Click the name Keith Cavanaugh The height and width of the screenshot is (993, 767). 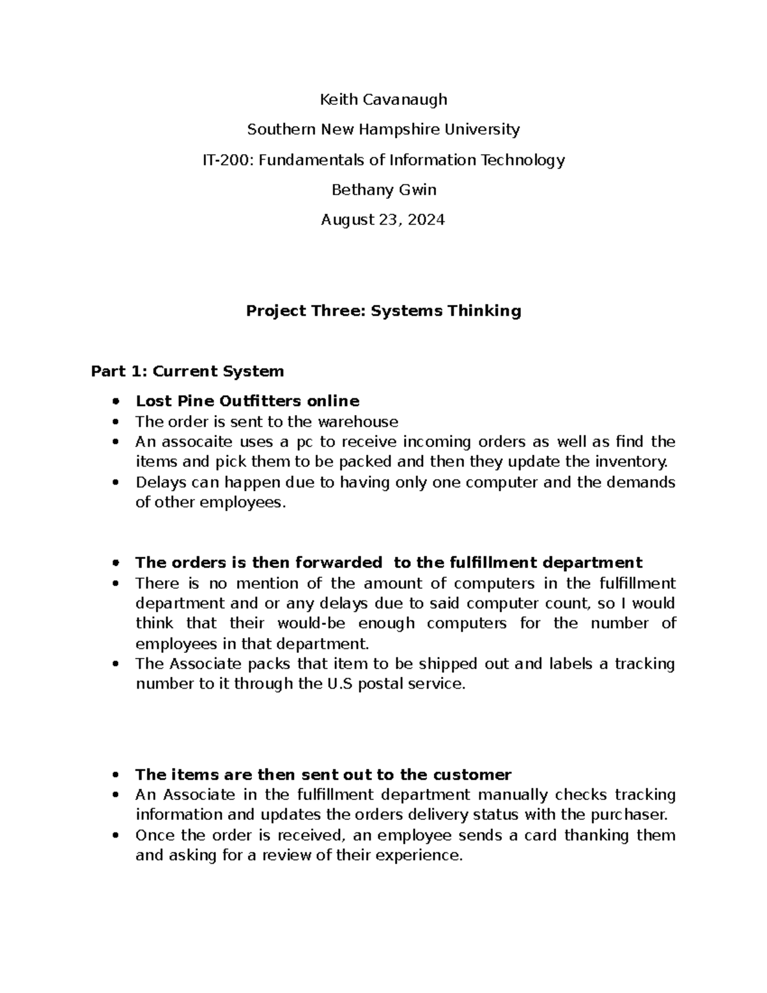click(383, 100)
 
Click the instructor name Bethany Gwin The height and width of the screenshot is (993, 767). click(383, 190)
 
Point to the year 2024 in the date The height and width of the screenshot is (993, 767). click(425, 220)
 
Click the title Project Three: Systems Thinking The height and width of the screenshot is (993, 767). click(383, 311)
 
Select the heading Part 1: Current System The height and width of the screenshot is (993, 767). click(187, 371)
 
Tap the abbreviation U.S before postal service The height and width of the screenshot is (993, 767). click(339, 684)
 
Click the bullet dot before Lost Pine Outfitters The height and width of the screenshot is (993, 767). click(115, 402)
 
